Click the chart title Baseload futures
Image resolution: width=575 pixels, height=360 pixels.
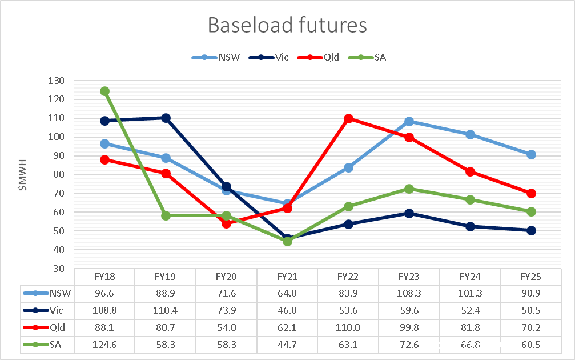coord(287,25)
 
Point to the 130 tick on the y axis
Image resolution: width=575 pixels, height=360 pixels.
coord(57,81)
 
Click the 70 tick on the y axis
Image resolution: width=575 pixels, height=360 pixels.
coord(59,193)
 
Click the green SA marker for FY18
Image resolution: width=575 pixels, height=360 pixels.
coord(104,91)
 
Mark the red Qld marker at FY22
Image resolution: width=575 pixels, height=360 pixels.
coord(348,118)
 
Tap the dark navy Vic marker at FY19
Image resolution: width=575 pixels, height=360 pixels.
coord(166,118)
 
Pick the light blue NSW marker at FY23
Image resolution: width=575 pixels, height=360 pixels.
coord(409,122)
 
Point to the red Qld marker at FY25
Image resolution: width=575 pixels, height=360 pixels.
coord(531,193)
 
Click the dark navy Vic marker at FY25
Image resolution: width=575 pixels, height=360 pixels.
coord(531,230)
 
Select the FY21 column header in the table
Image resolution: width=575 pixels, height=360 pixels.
coord(287,277)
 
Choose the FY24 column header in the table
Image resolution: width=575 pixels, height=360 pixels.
coord(470,277)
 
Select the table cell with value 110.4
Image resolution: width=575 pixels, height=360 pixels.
coord(166,310)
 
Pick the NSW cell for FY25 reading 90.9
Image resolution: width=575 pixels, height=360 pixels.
coord(531,293)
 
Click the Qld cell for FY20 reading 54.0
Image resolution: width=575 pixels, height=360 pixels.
coord(226,326)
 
